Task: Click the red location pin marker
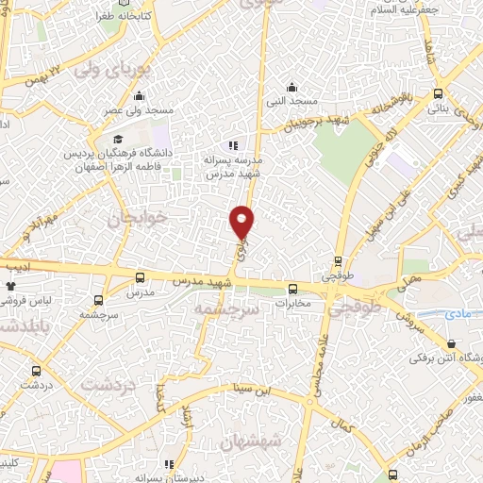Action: [x=243, y=221]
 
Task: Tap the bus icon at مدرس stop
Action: [x=141, y=278]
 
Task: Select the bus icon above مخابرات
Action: [x=292, y=289]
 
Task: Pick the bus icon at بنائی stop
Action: [x=439, y=93]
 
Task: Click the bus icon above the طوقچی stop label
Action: [x=338, y=261]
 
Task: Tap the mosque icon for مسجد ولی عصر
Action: [x=140, y=95]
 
